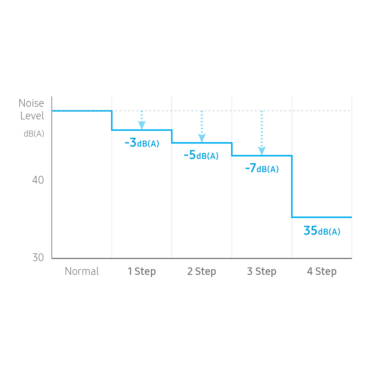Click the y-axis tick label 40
coord(38,180)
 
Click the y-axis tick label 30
coord(38,257)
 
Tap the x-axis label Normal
coord(82,271)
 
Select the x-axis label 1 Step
coord(141,271)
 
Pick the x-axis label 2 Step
coord(201,271)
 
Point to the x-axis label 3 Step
coord(261,271)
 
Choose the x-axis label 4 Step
coord(322,271)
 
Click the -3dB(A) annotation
coord(142,143)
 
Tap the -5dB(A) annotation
coord(201,156)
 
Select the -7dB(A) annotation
coord(262,168)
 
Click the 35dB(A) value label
coord(322,231)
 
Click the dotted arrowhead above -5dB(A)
coord(202,138)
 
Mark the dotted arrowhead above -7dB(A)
coord(262,151)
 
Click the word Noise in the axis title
coord(32,103)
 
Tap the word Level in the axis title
coord(32,116)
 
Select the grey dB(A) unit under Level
coord(34,133)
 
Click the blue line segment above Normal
coord(82,110)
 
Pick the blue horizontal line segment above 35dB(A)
coord(322,217)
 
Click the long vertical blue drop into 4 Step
coord(292,187)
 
